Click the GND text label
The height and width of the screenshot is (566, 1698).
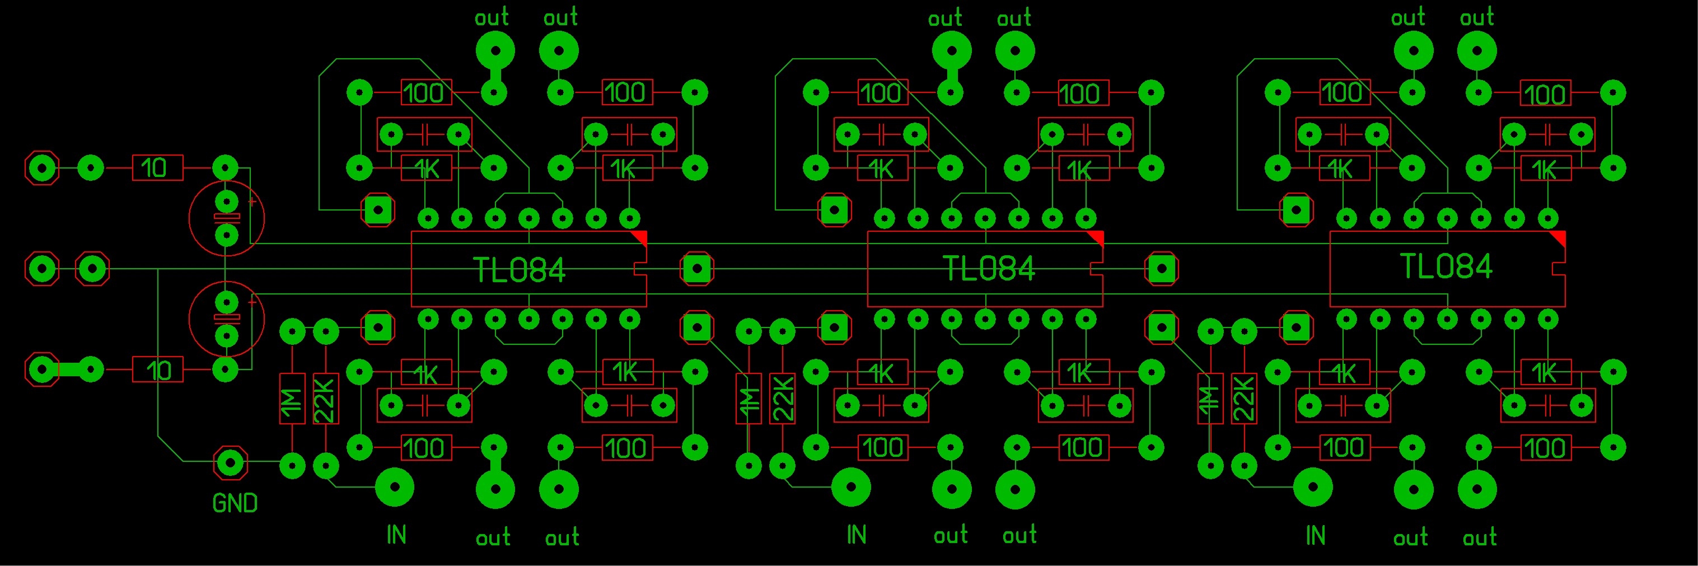click(235, 504)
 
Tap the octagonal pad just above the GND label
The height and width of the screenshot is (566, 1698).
click(231, 463)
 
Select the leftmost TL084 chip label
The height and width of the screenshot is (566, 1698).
click(520, 270)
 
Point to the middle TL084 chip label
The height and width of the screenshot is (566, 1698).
click(989, 269)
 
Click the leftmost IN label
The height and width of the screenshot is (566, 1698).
click(396, 535)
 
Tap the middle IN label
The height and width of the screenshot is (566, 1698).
click(855, 535)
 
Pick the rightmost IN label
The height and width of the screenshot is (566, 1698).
click(1315, 535)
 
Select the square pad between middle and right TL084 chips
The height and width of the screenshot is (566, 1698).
click(1162, 269)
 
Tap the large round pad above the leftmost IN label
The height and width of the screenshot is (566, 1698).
click(394, 488)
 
